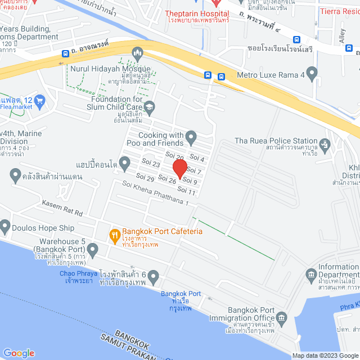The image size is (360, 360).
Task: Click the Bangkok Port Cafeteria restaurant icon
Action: [x=114, y=235]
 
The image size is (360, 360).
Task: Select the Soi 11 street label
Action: [x=188, y=192]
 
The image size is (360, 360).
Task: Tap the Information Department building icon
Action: [x=311, y=274]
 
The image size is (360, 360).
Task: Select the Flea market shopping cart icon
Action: [x=39, y=102]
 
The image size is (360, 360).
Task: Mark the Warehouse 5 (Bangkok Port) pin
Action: [x=93, y=249]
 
